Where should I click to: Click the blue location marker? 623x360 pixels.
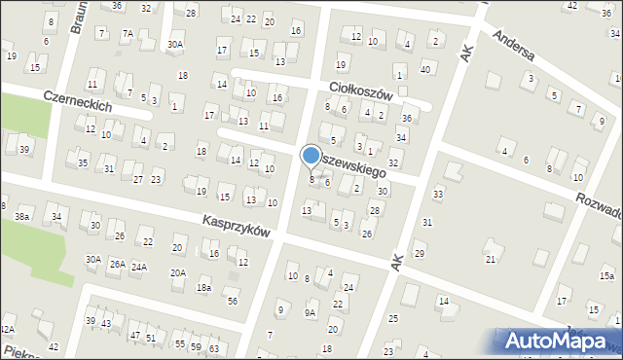pyautogui.click(x=311, y=155)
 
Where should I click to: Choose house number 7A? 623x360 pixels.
pyautogui.click(x=128, y=33)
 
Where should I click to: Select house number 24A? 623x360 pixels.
pyautogui.click(x=139, y=267)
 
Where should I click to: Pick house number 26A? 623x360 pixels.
pyautogui.click(x=116, y=264)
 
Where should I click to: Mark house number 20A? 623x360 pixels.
pyautogui.click(x=178, y=272)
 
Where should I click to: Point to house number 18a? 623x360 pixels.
pyautogui.click(x=203, y=288)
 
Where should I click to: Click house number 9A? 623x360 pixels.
pyautogui.click(x=310, y=312)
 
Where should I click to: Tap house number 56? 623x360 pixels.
pyautogui.click(x=233, y=301)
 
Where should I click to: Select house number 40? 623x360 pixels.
pyautogui.click(x=424, y=69)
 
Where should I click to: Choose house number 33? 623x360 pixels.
pyautogui.click(x=438, y=195)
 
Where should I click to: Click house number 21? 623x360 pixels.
pyautogui.click(x=491, y=258)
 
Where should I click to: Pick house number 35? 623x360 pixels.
pyautogui.click(x=83, y=162)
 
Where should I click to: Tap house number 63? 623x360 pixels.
pyautogui.click(x=213, y=347)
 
